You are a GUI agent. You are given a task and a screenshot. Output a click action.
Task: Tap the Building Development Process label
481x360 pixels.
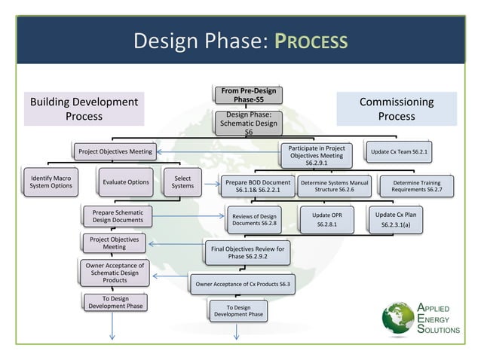point(84,109)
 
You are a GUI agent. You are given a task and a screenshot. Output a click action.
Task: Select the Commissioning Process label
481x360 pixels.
point(396,109)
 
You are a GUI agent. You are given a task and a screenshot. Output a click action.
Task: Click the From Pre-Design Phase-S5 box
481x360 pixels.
point(249,96)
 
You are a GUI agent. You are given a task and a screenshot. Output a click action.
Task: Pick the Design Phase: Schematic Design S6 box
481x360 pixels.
point(249,123)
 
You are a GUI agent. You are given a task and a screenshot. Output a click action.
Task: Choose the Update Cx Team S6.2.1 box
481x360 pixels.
point(399,152)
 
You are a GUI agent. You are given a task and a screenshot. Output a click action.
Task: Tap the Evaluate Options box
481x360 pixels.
point(125,182)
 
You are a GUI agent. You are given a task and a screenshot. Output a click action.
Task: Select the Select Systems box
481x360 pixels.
point(182,182)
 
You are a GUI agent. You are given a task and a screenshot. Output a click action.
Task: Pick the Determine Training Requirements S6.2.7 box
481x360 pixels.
point(417,187)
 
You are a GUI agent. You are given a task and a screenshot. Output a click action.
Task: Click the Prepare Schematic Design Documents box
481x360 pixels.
point(117,217)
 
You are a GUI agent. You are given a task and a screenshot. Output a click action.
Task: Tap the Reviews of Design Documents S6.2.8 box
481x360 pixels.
point(254,220)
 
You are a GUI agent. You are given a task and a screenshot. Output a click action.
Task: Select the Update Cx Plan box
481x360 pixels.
point(396,220)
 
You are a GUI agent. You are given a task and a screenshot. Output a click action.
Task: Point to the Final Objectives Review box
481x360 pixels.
point(247,253)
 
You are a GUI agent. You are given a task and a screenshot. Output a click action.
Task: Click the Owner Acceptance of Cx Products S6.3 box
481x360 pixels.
point(242,285)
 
